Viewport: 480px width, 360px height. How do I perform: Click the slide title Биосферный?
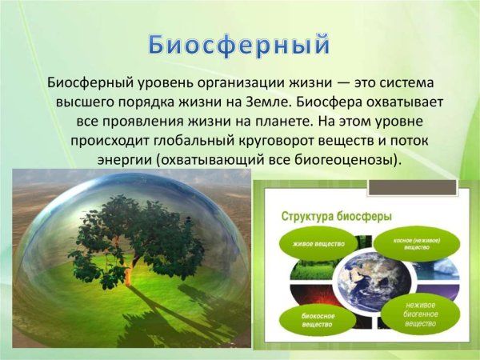point(239,44)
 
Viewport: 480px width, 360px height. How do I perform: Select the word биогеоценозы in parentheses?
point(346,159)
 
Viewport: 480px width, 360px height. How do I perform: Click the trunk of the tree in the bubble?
point(127,273)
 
